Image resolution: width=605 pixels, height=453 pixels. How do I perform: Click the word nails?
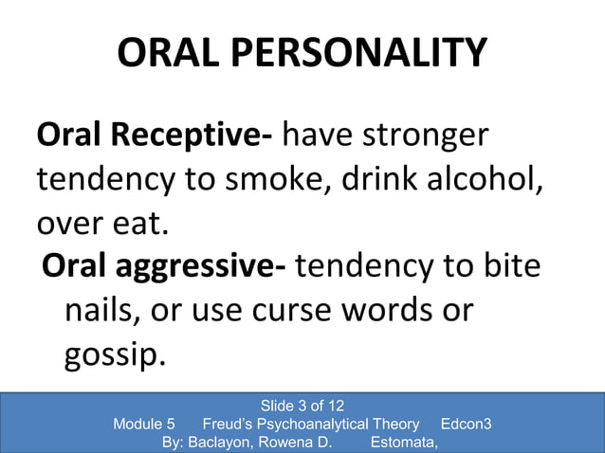96,311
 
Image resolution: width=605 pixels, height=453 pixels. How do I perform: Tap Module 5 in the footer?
144,424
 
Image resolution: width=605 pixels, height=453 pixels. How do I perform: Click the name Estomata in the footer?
405,442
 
